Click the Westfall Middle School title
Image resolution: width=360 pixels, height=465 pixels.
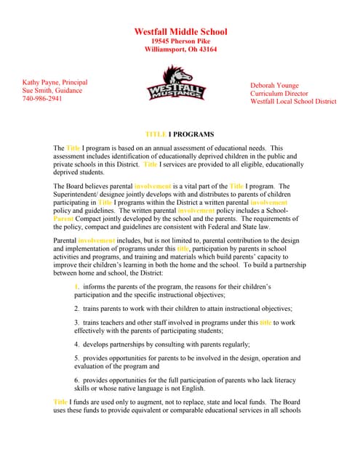click(x=180, y=32)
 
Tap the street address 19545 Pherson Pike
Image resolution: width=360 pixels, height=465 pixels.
click(x=180, y=41)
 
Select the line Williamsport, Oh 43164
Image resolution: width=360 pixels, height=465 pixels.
click(x=180, y=50)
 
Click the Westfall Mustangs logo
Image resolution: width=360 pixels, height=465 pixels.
click(x=177, y=83)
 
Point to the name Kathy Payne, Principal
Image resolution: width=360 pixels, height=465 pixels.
click(x=55, y=83)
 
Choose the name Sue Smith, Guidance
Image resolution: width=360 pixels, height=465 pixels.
click(x=52, y=91)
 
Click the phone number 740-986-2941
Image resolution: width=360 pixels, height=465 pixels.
click(x=42, y=99)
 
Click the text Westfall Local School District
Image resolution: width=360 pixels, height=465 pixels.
click(x=293, y=102)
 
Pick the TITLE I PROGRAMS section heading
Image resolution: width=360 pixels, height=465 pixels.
click(x=180, y=135)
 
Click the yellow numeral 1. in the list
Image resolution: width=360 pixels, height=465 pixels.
click(x=76, y=287)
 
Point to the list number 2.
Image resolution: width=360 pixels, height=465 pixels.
click(x=76, y=309)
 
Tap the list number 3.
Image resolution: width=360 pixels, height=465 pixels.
click(x=76, y=322)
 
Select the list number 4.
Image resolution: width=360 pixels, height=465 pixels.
click(x=76, y=344)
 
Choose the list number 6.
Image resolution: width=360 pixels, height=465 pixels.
click(x=76, y=379)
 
